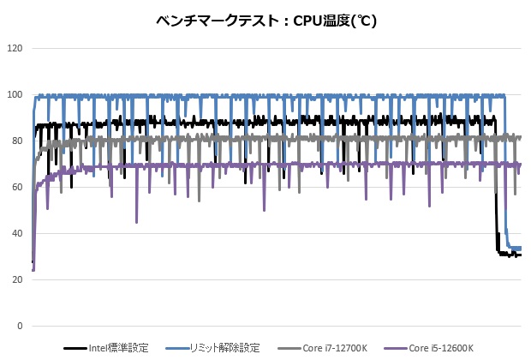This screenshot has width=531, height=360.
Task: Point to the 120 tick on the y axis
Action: click(15, 48)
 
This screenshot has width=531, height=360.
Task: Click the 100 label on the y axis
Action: click(15, 94)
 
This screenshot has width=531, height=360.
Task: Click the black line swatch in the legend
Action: click(75, 348)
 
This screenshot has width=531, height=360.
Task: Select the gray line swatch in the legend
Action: click(288, 348)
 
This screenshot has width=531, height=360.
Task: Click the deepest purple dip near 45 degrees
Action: click(136, 221)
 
